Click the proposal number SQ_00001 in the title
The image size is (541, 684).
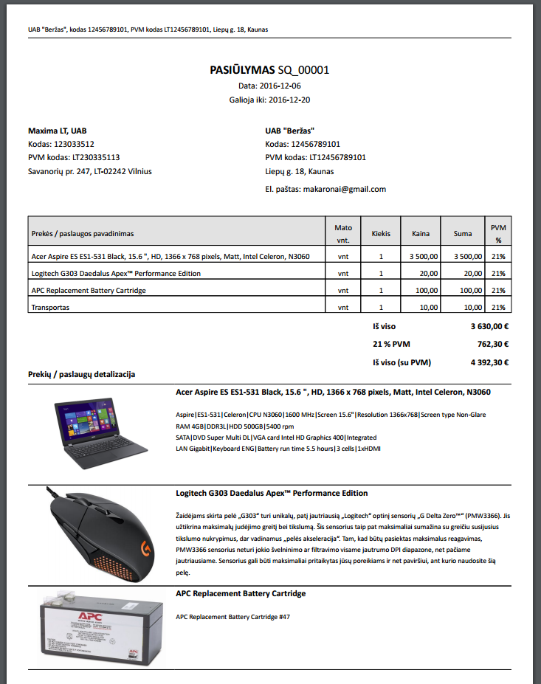[x=303, y=71]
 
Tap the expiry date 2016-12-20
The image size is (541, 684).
[x=289, y=99]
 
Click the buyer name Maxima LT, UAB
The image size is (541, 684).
[x=58, y=131]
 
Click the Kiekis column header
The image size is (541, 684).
[x=381, y=234]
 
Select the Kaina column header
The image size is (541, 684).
[x=421, y=234]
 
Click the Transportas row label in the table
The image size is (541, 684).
[x=50, y=307]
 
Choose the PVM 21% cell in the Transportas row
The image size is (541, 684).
[x=498, y=307]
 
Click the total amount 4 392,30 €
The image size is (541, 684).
[x=490, y=362]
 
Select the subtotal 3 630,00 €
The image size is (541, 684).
[x=490, y=325]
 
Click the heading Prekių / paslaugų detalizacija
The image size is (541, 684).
[x=81, y=375]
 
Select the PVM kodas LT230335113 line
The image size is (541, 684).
[x=74, y=157]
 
